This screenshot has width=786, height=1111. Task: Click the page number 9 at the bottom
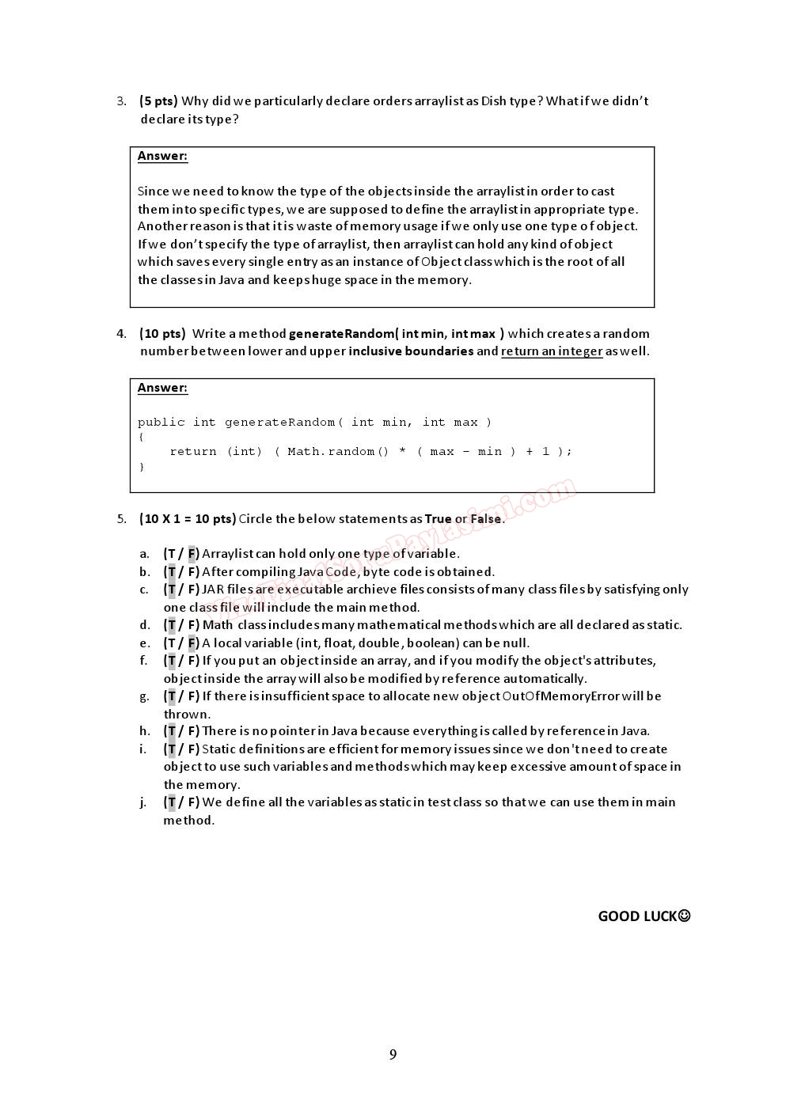[x=393, y=1054]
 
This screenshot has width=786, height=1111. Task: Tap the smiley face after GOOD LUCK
[x=685, y=916]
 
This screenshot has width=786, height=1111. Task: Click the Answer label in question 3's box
[x=162, y=156]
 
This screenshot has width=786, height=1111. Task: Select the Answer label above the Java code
[x=162, y=388]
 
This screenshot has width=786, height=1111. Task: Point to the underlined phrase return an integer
[x=552, y=351]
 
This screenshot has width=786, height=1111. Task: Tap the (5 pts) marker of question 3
[x=158, y=100]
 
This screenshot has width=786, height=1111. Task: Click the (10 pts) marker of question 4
[x=162, y=333]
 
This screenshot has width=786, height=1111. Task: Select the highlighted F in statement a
[x=192, y=554]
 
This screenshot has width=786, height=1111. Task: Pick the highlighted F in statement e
[x=192, y=643]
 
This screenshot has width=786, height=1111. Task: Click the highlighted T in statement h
[x=172, y=731]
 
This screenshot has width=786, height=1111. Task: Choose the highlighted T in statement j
[x=172, y=802]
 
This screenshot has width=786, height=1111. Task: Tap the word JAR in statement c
[x=213, y=590]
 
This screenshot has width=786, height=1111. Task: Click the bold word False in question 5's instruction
[x=486, y=519]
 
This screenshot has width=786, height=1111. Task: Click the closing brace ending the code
[x=142, y=467]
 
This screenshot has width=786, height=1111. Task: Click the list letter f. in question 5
[x=143, y=661]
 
